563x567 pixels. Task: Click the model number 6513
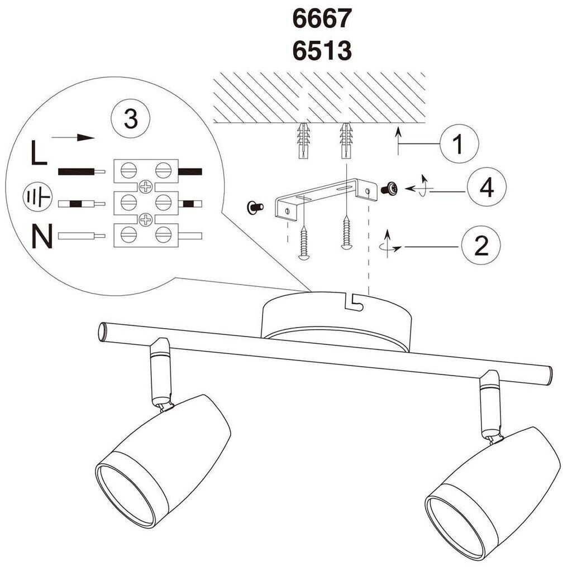point(322,51)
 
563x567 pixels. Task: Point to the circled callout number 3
point(130,119)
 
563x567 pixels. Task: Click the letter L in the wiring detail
point(39,153)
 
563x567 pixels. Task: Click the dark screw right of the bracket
point(389,190)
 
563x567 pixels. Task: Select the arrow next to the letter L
point(72,138)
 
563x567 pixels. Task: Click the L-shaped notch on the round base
point(354,302)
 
